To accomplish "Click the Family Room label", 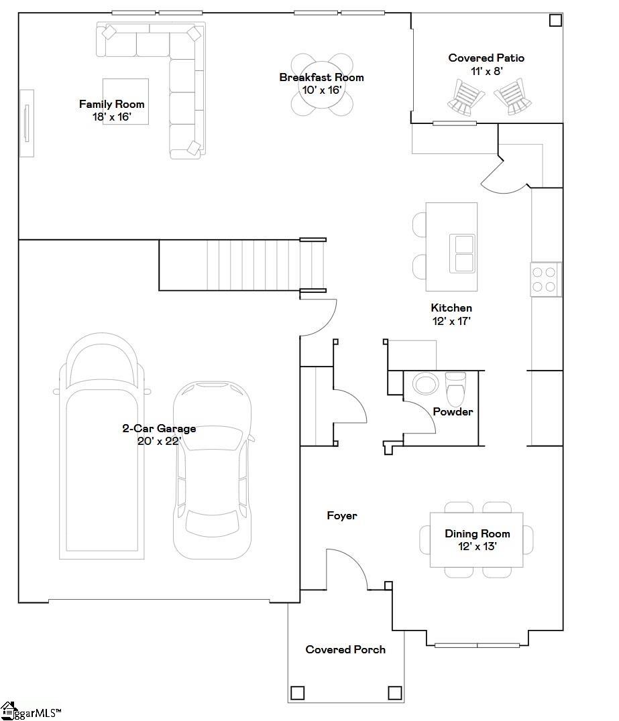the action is click(x=112, y=105).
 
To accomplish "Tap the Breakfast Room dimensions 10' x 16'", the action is click(x=321, y=90).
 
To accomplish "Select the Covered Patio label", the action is click(x=486, y=58).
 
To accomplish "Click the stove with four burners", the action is click(x=546, y=279).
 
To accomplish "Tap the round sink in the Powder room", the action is click(x=425, y=383).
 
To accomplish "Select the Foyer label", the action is click(x=342, y=515).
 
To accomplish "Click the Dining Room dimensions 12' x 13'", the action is click(x=477, y=546).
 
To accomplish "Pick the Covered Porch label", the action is click(x=345, y=649).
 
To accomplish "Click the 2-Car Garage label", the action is click(x=159, y=429).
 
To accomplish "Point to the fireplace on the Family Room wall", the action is click(x=27, y=123).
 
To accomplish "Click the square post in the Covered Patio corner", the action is click(x=555, y=20).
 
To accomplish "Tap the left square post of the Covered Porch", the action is click(x=297, y=692).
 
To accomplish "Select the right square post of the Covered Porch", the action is click(x=395, y=692).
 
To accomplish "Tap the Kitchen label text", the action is click(x=451, y=308).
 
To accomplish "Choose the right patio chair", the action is click(x=513, y=96).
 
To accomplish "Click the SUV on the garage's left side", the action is click(x=102, y=446).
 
